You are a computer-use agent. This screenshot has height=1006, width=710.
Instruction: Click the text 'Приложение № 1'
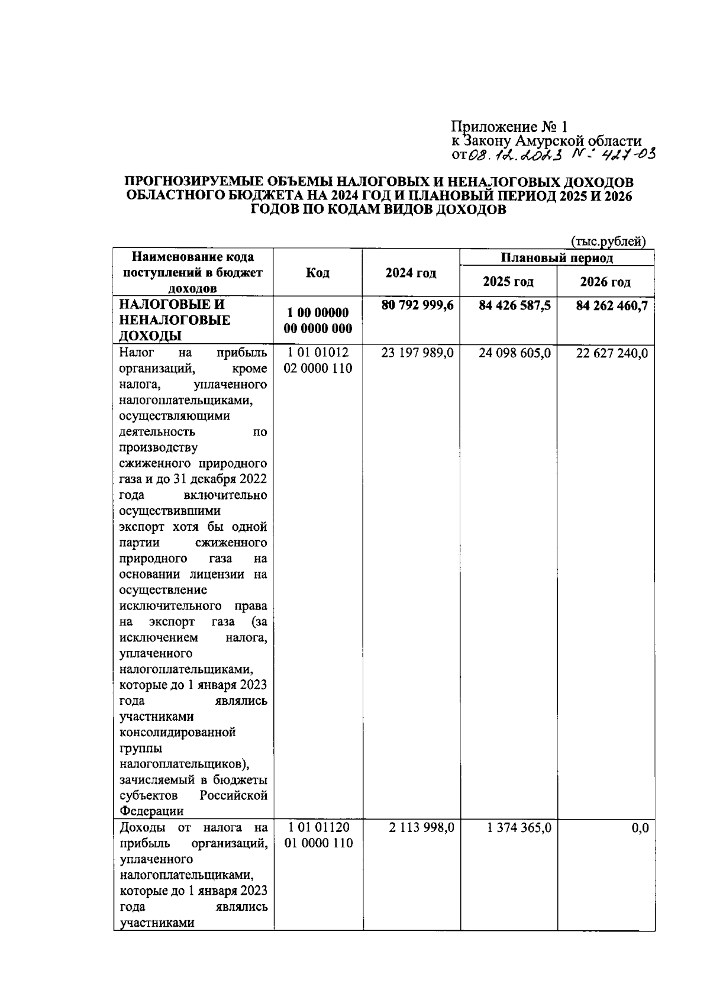[509, 127]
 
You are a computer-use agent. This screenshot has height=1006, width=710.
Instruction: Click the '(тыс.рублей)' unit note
[608, 241]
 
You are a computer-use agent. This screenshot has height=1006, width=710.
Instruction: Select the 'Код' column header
[318, 273]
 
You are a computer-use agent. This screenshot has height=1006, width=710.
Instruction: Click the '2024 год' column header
[411, 273]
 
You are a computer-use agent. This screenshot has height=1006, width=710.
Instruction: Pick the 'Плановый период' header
[557, 258]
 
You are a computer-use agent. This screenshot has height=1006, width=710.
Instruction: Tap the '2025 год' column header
[508, 282]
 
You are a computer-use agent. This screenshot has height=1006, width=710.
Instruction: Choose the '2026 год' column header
[605, 282]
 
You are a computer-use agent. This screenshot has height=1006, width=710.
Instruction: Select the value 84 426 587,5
[515, 305]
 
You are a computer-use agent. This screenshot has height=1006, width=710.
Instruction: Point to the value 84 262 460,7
[612, 305]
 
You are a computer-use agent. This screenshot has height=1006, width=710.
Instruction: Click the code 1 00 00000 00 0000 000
[318, 320]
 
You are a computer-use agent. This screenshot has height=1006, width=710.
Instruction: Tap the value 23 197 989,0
[418, 353]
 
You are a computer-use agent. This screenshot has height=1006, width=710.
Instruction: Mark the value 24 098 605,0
[515, 353]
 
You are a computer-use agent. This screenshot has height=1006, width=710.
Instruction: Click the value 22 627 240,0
[612, 353]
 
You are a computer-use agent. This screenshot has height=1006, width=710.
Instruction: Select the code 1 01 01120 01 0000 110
[318, 835]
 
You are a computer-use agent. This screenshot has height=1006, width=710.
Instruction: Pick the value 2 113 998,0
[421, 828]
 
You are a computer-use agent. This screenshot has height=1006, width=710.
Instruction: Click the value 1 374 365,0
[519, 828]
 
